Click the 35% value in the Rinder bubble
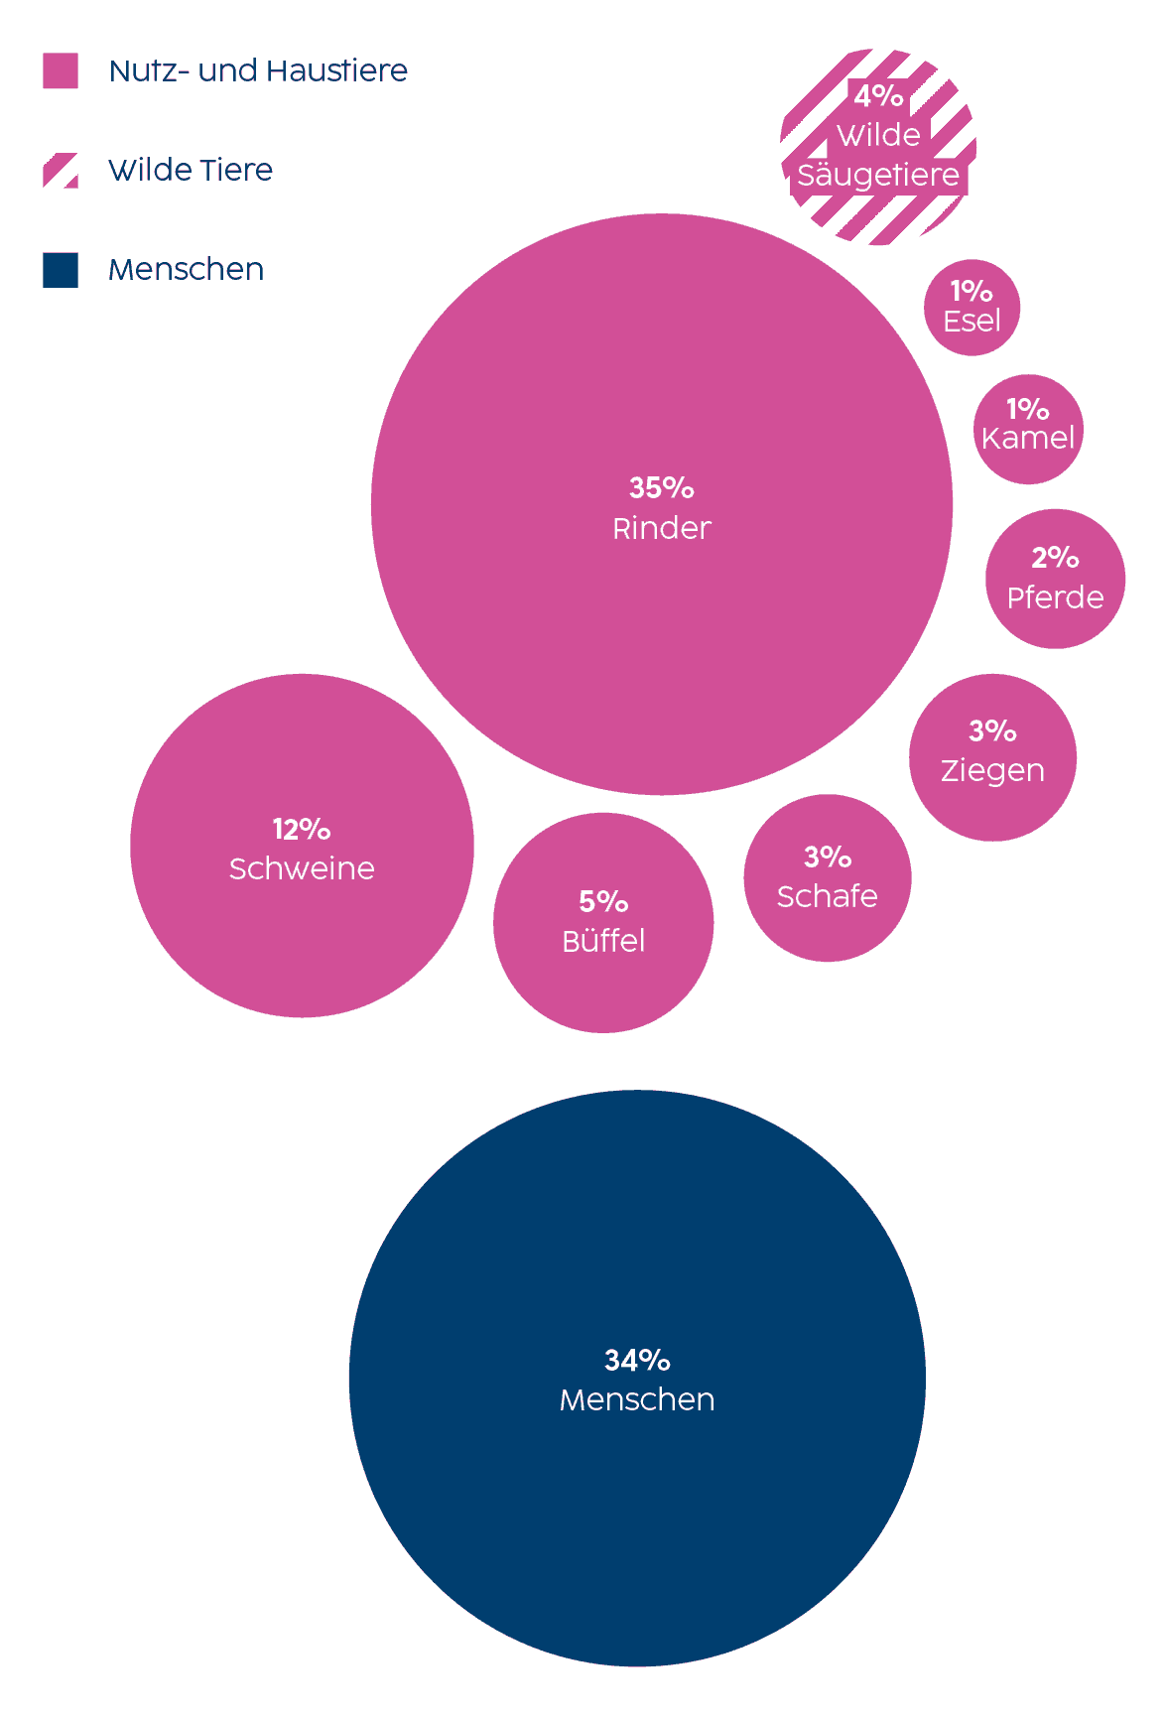[662, 487]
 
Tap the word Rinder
[662, 528]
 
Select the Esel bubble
[972, 308]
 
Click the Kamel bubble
[1028, 429]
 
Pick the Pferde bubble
[1055, 579]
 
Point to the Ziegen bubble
[992, 757]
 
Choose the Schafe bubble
[827, 877]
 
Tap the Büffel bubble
[603, 923]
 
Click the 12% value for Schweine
[302, 829]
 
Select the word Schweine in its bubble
[302, 868]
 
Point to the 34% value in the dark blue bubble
[637, 1360]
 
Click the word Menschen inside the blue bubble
[637, 1399]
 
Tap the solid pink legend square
[61, 71]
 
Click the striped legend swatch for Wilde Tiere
[61, 171]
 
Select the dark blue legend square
[61, 270]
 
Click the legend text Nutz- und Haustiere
[258, 71]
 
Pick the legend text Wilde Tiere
[191, 171]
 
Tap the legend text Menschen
[187, 270]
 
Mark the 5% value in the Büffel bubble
[603, 901]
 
